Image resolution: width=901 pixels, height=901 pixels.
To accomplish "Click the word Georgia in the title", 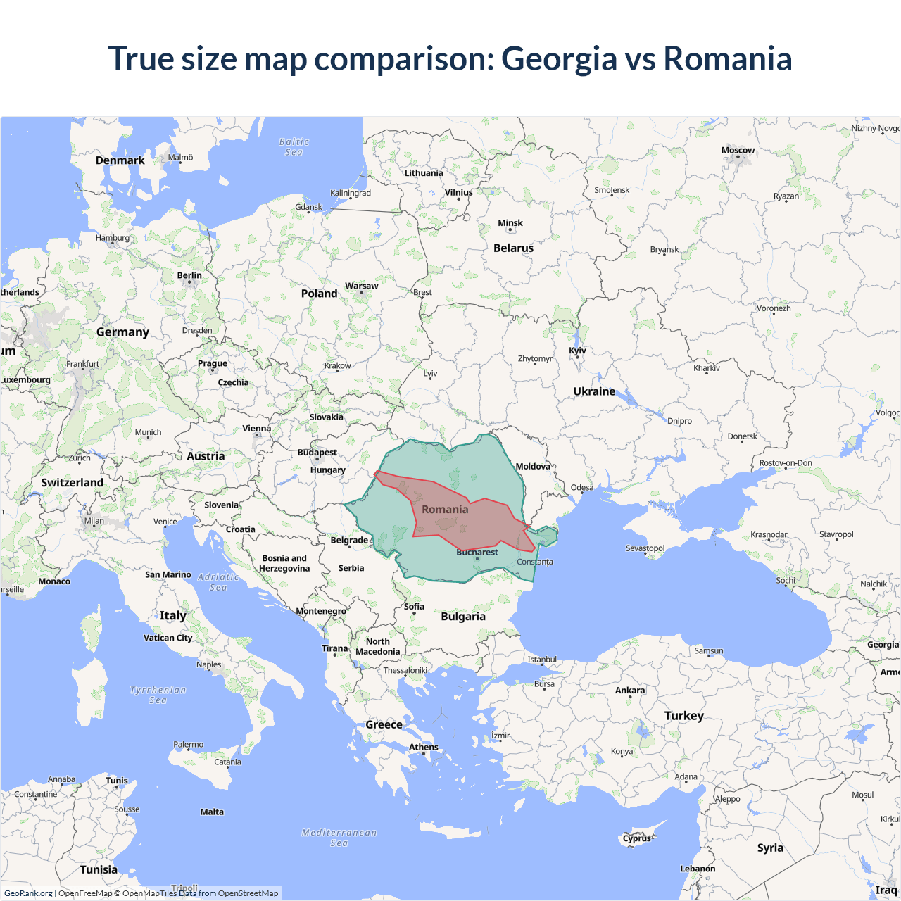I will [559, 59].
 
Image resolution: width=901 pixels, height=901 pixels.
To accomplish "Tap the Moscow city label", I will [738, 151].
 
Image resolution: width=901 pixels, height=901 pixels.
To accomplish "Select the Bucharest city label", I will [477, 553].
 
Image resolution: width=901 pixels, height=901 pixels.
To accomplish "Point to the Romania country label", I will [445, 510].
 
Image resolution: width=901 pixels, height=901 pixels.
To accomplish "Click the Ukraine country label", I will [594, 391].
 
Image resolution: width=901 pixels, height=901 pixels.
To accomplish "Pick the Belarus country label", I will [513, 248].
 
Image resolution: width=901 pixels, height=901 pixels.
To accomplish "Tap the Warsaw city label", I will [361, 286].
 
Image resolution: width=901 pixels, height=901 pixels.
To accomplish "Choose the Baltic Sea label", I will [294, 147].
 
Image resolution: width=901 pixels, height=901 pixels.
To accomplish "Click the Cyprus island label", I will [637, 838].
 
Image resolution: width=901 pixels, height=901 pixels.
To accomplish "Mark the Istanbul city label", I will [542, 660].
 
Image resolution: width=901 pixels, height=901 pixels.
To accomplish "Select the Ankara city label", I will [630, 691].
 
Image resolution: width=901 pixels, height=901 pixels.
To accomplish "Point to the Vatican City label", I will [168, 638].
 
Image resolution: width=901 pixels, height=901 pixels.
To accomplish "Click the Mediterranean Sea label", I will [339, 838].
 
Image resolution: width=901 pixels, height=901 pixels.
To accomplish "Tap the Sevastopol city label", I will [645, 548].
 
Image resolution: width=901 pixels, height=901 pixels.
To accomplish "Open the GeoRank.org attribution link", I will [28, 893].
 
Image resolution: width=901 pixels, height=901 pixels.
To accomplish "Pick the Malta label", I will [212, 812].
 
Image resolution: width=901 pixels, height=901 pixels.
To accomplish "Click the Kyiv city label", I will [577, 351].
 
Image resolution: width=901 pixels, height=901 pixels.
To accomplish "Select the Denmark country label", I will [120, 160].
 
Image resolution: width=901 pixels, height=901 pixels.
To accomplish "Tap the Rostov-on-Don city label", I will [786, 463].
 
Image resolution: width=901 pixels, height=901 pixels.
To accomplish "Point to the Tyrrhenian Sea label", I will [158, 695].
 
